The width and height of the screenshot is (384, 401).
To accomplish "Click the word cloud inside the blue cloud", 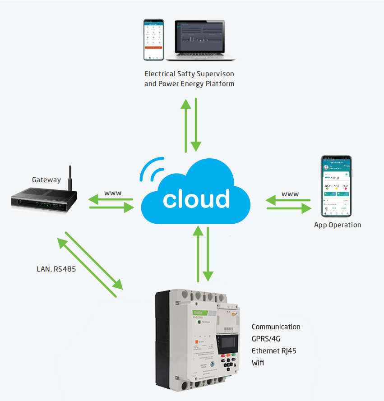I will (x=196, y=199).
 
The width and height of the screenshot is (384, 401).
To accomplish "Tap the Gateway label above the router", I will (x=46, y=180).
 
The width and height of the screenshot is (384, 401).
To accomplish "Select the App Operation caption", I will (x=338, y=225).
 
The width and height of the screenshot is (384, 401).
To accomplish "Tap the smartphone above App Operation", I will (x=336, y=186).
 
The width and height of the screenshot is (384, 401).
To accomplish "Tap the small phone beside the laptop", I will (x=153, y=39).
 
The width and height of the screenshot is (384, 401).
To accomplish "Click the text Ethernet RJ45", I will (x=274, y=350).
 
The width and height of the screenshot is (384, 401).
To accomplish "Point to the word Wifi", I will (x=258, y=362).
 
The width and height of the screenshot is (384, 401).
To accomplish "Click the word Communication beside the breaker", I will (x=276, y=327).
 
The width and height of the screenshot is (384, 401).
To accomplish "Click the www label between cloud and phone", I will (x=290, y=194).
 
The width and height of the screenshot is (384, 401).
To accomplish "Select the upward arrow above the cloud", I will (x=185, y=124).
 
